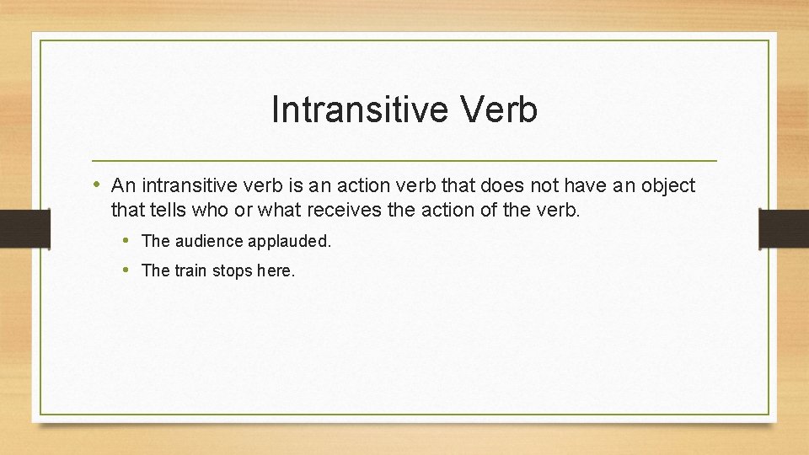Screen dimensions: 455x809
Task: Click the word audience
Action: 209,241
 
